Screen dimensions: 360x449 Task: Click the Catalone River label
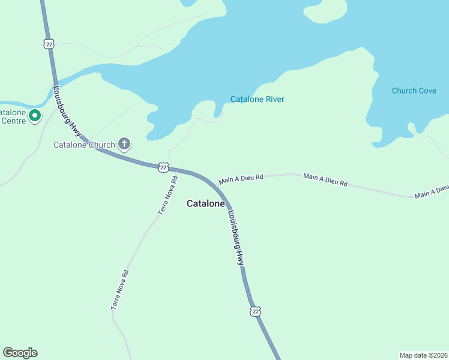[257, 100]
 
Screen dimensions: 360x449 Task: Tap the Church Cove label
[414, 91]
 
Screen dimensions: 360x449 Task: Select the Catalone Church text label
[84, 145]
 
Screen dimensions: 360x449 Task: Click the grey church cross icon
[124, 143]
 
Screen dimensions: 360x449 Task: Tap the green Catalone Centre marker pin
[35, 115]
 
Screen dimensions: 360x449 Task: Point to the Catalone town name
[205, 203]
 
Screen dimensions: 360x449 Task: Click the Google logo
[20, 353]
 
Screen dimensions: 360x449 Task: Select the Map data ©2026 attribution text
[423, 355]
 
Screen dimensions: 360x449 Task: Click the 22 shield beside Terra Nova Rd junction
[163, 167]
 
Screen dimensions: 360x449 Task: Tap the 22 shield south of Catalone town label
[256, 311]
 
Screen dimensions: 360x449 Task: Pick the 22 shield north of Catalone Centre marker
[49, 43]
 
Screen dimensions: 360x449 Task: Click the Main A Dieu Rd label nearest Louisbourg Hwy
[241, 178]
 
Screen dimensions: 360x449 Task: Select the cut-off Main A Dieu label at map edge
[432, 191]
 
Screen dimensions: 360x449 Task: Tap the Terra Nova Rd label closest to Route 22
[168, 195]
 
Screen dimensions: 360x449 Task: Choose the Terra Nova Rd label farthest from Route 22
[120, 289]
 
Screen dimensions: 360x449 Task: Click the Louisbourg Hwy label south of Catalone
[235, 237]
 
